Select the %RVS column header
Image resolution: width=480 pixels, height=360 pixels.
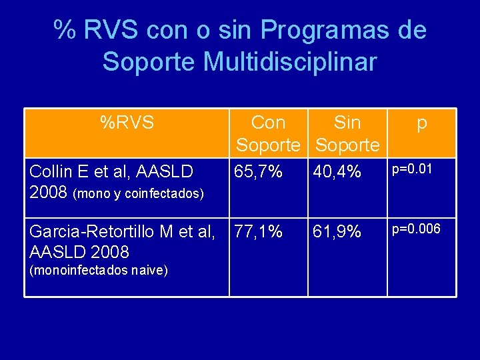[x=127, y=123]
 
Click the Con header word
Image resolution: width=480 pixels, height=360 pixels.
[x=268, y=123]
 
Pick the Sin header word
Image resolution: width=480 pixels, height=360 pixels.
[x=347, y=123]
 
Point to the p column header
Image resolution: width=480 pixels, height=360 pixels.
[x=421, y=124]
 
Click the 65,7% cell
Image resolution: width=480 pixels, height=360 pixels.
[x=259, y=173]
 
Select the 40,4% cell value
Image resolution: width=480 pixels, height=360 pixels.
[x=337, y=173]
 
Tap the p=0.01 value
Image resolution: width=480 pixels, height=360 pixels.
[x=411, y=169]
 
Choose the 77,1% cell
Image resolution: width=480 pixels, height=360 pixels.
[x=259, y=232]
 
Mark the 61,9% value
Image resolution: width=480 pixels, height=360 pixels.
[x=337, y=232]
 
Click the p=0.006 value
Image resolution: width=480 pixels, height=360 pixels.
[x=415, y=229]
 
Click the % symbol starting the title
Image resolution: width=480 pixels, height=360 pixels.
[x=65, y=31]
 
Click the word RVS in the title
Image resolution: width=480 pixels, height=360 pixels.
[x=113, y=31]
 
